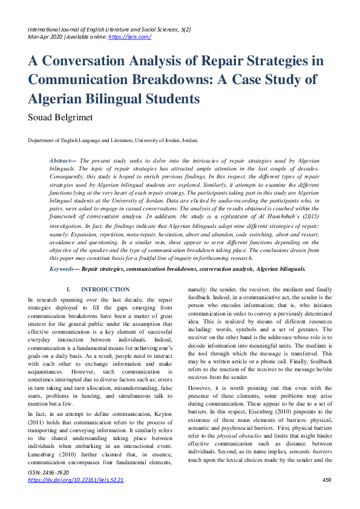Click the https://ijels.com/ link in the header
(x=129, y=37)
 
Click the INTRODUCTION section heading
(x=105, y=290)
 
